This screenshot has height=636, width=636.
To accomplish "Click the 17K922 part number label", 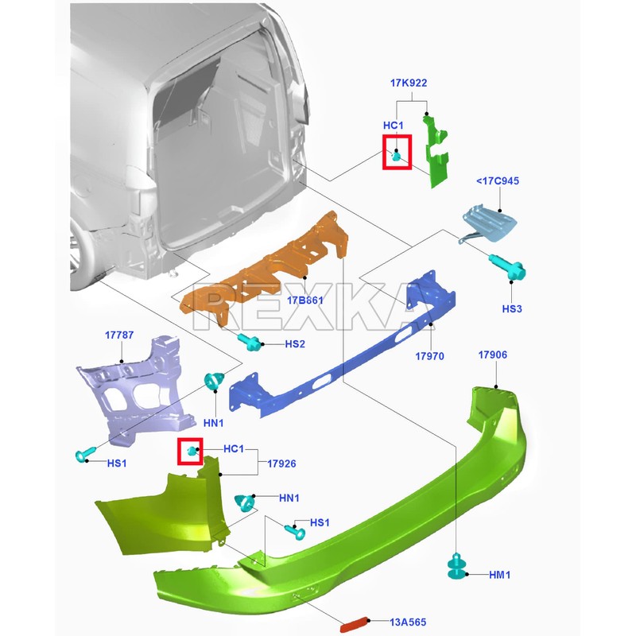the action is click(409, 83).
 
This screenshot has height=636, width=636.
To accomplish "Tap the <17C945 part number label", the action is click(498, 181).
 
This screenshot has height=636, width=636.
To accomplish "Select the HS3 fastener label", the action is click(512, 308).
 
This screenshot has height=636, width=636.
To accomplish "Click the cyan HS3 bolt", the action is click(507, 266).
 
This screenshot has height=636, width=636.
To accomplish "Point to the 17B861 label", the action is click(305, 301).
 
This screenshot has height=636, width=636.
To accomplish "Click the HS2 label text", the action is click(295, 344).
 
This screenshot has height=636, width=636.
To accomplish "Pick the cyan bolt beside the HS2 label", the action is click(250, 342).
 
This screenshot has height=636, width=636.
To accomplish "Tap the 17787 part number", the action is click(119, 335).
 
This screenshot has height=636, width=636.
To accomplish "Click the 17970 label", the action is click(429, 356).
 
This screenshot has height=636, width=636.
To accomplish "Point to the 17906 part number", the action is click(492, 355).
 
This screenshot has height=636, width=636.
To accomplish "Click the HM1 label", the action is click(500, 575).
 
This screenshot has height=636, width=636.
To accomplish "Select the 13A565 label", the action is click(408, 622).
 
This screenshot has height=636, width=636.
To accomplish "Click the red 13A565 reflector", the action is click(354, 625).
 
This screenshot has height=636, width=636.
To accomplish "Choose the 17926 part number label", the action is click(281, 463).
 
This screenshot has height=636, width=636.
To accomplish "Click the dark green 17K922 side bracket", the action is click(436, 152).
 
